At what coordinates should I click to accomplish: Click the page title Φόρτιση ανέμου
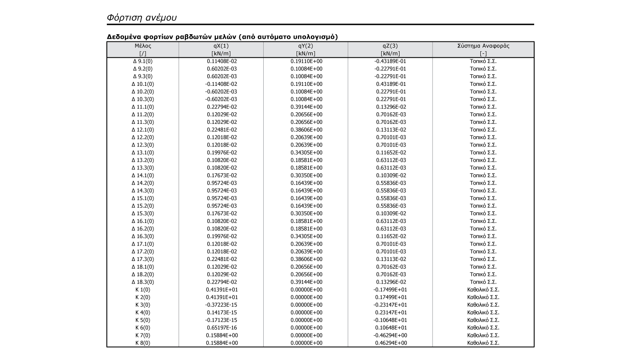[x=141, y=18]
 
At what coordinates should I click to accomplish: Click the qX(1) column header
[x=221, y=46]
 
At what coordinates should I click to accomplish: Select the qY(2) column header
[x=306, y=46]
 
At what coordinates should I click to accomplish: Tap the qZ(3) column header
[x=390, y=46]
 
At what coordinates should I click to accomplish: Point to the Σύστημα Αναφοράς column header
[x=483, y=46]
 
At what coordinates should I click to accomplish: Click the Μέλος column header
[x=143, y=46]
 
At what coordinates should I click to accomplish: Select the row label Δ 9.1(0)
[x=143, y=61]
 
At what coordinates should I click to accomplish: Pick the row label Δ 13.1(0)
[x=143, y=152]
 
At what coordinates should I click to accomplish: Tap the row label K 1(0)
[x=143, y=290]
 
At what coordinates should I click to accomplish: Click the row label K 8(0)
[x=143, y=343]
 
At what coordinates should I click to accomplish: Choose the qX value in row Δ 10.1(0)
[x=221, y=84]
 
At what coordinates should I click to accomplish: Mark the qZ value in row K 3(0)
[x=390, y=305]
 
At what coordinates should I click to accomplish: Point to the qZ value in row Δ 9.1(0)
[x=390, y=61]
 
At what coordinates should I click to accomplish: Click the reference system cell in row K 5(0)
[x=483, y=320]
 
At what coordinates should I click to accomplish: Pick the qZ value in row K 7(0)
[x=390, y=336]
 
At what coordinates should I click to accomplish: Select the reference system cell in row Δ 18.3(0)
[x=483, y=282]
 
